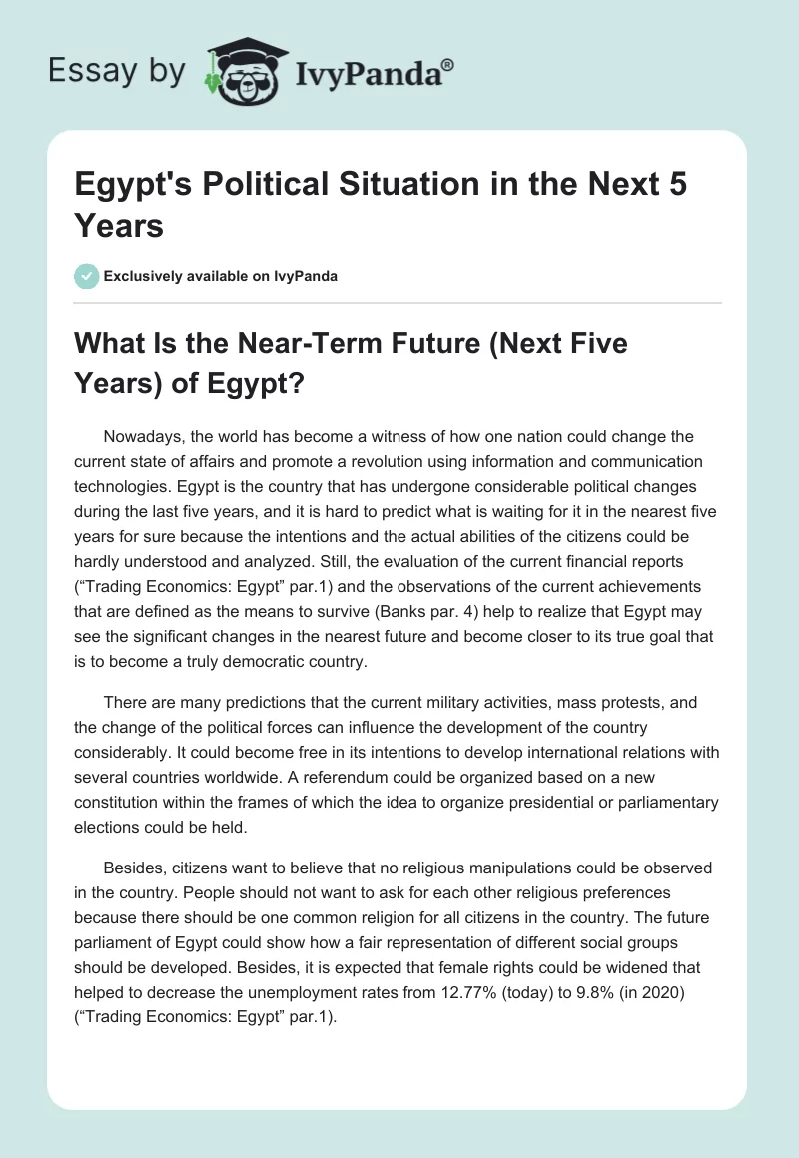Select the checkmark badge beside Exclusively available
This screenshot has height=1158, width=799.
point(86,276)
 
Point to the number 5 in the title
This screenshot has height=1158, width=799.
point(676,186)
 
